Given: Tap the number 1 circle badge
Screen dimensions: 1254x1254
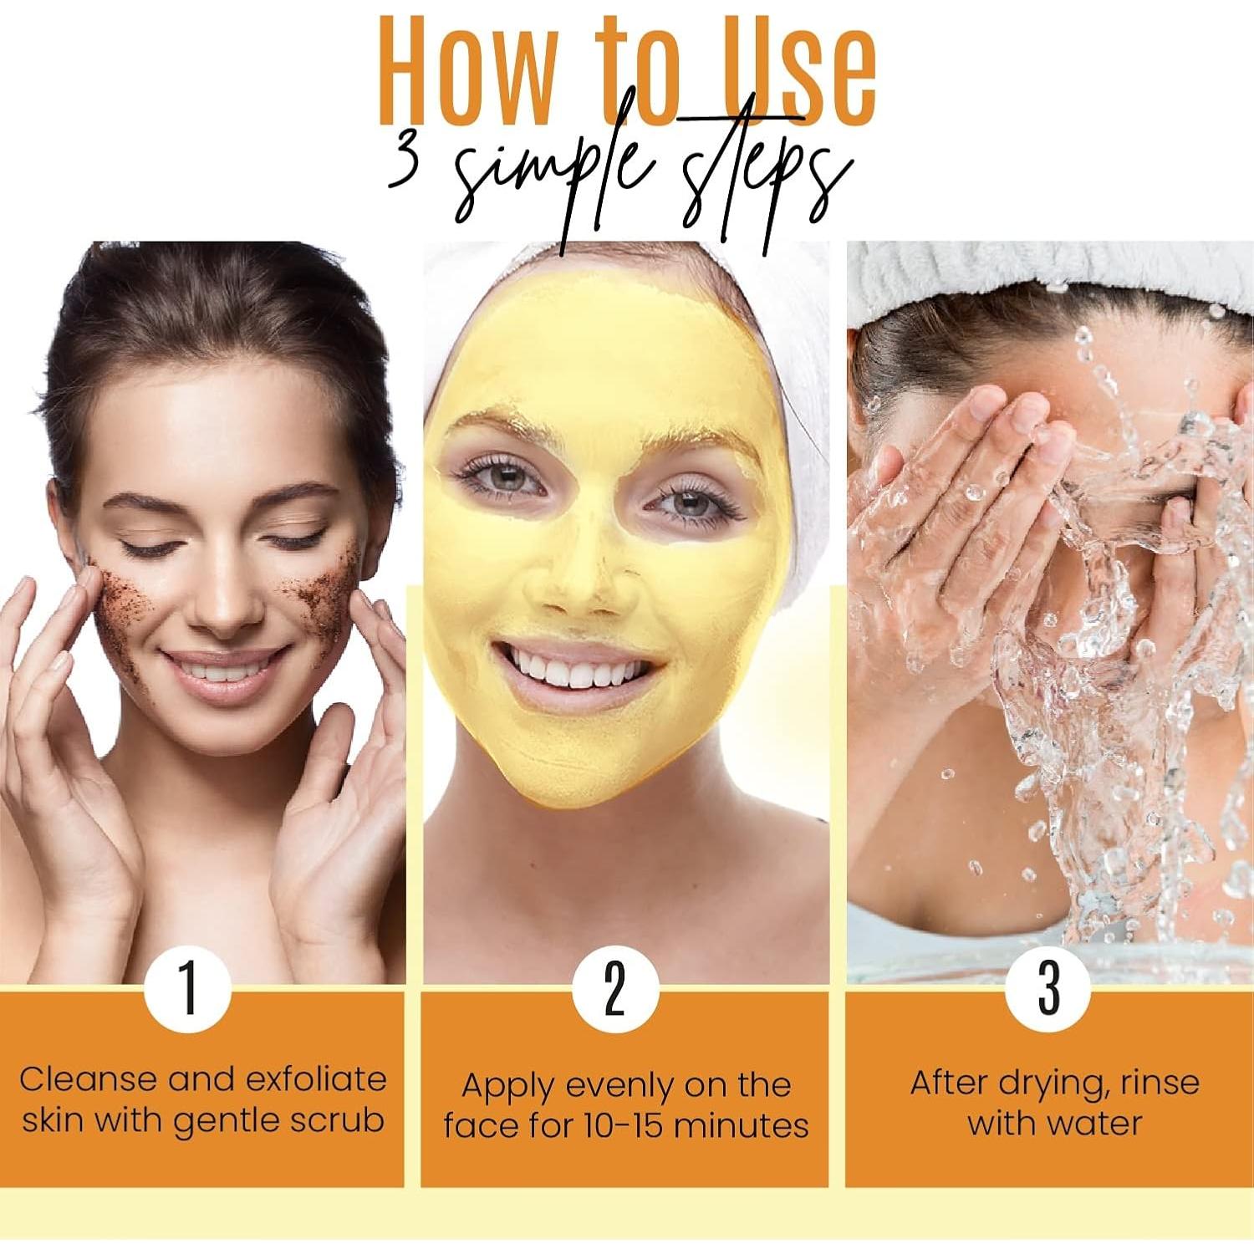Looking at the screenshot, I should click(x=187, y=988).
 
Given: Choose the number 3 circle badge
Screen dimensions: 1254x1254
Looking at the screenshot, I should click(x=1048, y=988).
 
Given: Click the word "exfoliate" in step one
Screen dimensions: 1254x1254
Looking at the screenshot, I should click(x=314, y=1079).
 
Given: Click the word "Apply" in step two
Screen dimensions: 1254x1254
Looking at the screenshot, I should click(x=507, y=1085).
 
